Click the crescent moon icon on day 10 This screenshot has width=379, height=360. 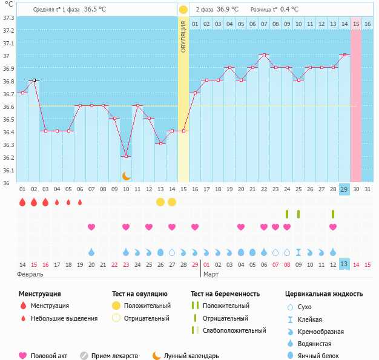tap(126, 176)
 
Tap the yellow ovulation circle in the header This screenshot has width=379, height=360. tap(183, 10)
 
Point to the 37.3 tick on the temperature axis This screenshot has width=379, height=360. tap(8, 18)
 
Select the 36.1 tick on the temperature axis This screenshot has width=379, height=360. tap(8, 171)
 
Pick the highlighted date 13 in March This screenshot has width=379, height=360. tap(344, 265)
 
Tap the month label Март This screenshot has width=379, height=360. tap(211, 274)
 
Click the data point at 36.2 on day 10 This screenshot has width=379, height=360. tap(126, 156)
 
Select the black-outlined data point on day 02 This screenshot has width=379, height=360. tap(34, 80)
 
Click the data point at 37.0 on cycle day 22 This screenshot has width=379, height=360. tap(263, 54)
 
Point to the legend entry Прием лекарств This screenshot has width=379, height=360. tap(114, 356)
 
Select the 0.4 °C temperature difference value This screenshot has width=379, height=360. tap(293, 10)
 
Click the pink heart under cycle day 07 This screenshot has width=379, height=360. tap(91, 227)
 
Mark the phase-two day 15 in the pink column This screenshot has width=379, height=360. tap(355, 24)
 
